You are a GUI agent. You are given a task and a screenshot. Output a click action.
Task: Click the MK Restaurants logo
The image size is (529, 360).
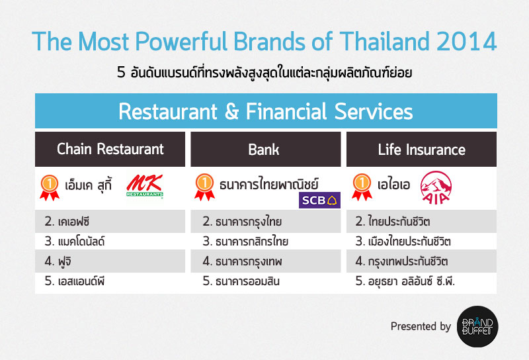pyautogui.click(x=143, y=186)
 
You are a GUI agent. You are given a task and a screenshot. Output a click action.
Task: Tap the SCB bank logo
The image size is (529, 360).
pyautogui.click(x=319, y=199)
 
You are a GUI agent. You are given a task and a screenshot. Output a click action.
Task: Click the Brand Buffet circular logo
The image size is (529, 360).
pyautogui.click(x=478, y=325)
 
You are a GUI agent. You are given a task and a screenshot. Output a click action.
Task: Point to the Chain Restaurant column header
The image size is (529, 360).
pyautogui.click(x=110, y=149)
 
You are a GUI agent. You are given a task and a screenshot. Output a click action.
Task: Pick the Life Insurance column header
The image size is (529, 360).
pyautogui.click(x=421, y=150)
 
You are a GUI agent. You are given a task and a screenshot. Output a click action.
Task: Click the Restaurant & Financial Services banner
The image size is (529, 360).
pyautogui.click(x=265, y=111)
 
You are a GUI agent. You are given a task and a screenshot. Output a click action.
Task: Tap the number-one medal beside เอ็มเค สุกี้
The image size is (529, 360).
pyautogui.click(x=50, y=185)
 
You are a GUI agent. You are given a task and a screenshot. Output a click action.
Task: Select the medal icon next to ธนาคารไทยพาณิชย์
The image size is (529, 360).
pyautogui.click(x=204, y=185)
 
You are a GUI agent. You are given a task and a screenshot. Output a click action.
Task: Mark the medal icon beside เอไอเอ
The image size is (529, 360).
pyautogui.click(x=360, y=185)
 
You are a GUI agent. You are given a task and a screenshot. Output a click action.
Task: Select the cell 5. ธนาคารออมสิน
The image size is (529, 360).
pyautogui.click(x=241, y=281)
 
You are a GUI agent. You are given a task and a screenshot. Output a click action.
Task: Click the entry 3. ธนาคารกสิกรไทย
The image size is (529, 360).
pyautogui.click(x=245, y=241)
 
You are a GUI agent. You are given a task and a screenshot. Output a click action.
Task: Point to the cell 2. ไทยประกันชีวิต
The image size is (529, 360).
pyautogui.click(x=397, y=221)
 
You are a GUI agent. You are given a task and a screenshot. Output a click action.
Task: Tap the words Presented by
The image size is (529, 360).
pyautogui.click(x=421, y=326)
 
